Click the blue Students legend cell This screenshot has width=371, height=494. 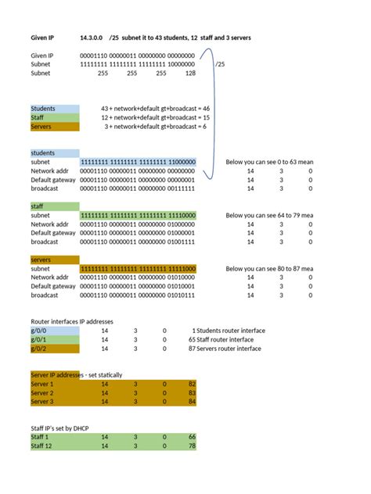coord(54,108)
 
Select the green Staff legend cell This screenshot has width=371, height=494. coord(54,117)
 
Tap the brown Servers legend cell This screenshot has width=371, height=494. coord(54,127)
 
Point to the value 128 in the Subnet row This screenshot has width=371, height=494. coord(190,73)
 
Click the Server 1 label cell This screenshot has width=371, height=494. coord(54,385)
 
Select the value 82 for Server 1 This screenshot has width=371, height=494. coord(191,385)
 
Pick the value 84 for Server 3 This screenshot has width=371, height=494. coord(191,402)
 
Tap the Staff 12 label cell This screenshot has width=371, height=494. coord(54,446)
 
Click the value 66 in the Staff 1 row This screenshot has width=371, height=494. coord(191,438)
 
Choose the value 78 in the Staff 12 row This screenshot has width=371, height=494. coord(191,446)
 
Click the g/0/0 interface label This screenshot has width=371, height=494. coord(54,331)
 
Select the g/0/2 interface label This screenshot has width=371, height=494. coord(54,348)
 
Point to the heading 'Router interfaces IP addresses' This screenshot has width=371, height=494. coord(72,321)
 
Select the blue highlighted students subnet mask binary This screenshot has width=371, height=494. coord(137,162)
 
